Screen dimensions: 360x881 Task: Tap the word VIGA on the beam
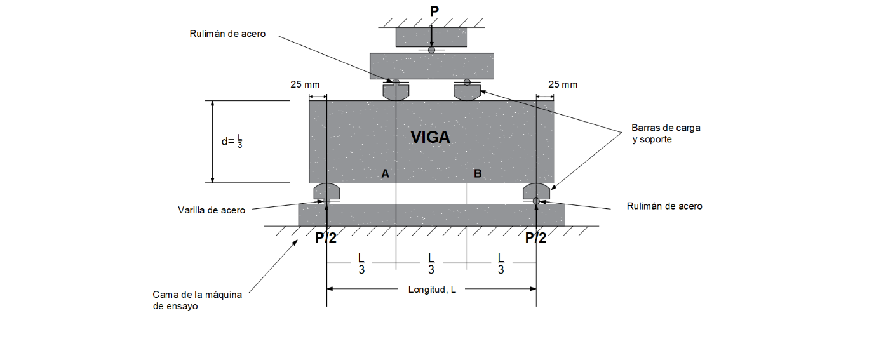430,137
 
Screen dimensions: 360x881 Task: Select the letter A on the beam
385,173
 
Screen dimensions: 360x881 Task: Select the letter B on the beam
478,173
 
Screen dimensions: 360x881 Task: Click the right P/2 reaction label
535,237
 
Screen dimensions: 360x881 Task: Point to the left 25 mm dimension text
305,84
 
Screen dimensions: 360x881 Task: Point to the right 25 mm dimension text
563,84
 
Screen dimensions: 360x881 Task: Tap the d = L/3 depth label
232,142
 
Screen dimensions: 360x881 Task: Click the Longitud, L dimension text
432,289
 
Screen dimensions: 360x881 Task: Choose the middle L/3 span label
431,263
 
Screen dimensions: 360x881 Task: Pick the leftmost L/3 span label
361,263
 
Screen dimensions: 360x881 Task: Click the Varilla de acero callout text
212,210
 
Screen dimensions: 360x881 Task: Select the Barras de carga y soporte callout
666,133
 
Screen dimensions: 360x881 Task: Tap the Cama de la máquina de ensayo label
198,300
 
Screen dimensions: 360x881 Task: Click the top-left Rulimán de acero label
227,34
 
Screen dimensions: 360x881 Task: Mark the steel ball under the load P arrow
431,50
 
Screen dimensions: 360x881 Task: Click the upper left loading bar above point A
396,92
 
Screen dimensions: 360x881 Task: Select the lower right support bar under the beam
536,191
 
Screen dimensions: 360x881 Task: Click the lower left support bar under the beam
327,191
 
